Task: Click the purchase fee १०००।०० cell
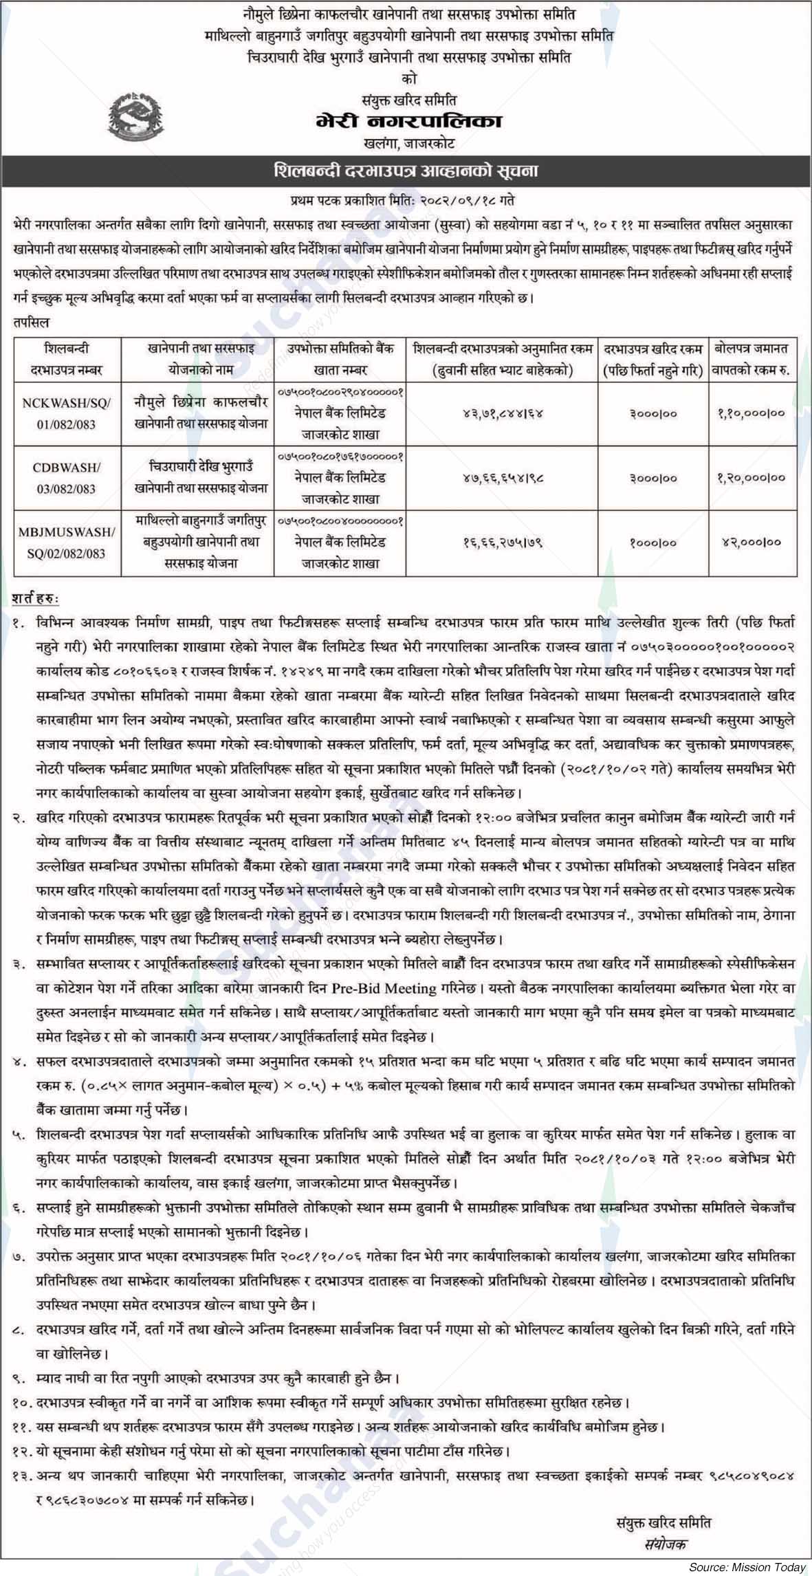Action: (652, 542)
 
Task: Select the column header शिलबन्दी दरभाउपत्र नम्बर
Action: (67, 360)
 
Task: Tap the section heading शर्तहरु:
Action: (36, 598)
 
